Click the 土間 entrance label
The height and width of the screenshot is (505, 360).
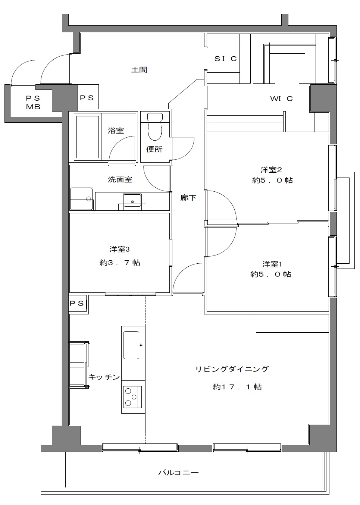point(139,70)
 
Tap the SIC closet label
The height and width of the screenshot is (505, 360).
point(225,59)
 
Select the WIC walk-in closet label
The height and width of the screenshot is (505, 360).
point(281,98)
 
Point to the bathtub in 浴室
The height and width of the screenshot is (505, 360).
point(88,137)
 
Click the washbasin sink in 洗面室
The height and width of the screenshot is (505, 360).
point(132,200)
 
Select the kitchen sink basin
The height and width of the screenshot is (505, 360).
point(131,345)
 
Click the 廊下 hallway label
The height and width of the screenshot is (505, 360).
point(188,198)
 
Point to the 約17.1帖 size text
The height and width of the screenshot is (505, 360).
point(237,387)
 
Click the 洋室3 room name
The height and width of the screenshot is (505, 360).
point(119,250)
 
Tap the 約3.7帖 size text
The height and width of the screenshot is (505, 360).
point(120,263)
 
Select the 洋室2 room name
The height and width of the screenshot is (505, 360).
point(271,170)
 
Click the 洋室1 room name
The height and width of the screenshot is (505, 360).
point(272,264)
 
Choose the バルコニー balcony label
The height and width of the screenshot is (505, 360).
point(178,472)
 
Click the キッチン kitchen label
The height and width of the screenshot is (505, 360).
point(104,377)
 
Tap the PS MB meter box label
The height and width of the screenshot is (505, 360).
point(33,103)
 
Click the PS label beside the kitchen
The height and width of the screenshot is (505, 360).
point(77,304)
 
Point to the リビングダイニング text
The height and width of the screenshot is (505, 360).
point(232,369)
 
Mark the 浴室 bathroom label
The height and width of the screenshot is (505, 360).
point(116,131)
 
